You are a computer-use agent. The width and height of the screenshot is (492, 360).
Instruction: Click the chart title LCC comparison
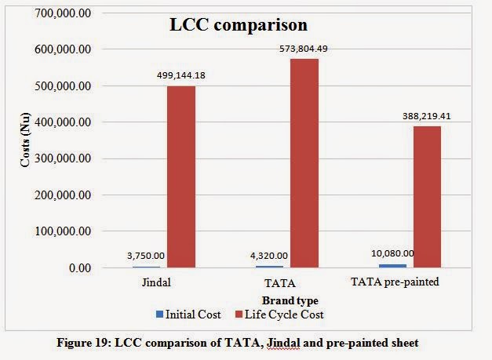click(239, 24)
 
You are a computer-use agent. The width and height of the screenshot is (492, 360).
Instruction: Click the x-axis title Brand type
click(290, 299)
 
